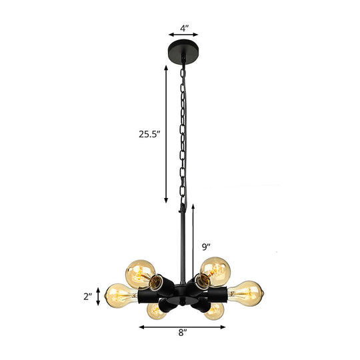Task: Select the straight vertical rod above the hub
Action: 182,240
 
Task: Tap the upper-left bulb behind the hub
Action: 139,271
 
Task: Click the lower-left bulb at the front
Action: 157,311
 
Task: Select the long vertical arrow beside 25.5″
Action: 165,133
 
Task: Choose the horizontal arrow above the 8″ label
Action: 183,327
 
